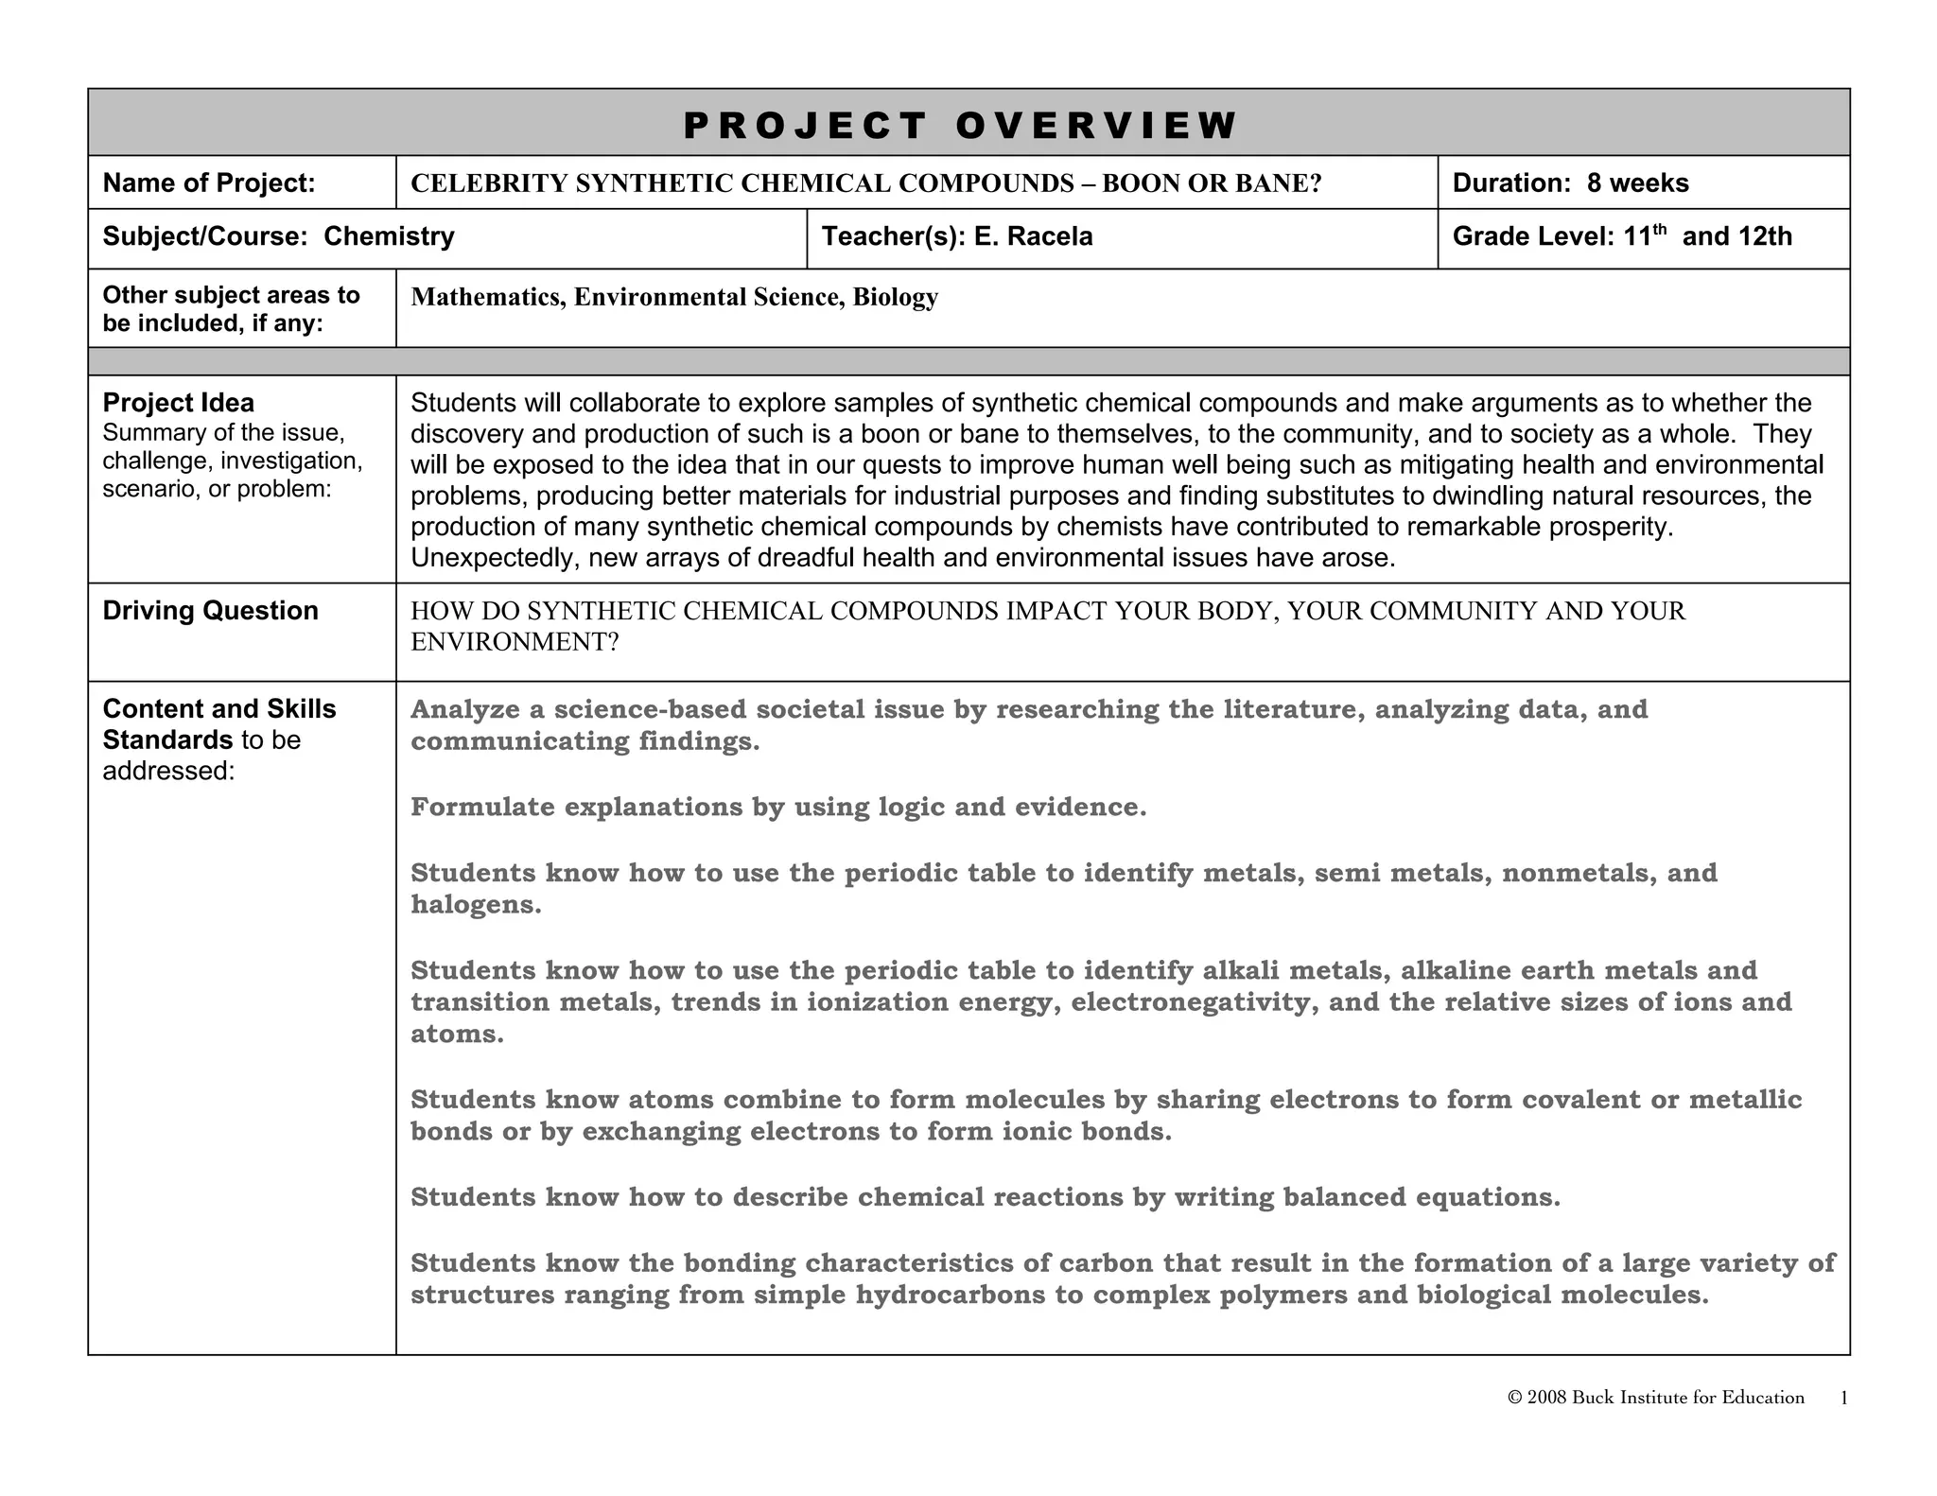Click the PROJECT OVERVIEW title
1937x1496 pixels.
tap(960, 125)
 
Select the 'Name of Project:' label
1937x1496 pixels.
tap(209, 183)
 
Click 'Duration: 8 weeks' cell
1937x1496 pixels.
tap(1570, 183)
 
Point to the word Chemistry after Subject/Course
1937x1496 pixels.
tap(389, 236)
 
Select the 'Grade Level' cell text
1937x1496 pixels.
tap(1621, 236)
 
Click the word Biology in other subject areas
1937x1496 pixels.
tap(895, 297)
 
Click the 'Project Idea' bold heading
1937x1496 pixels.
tap(178, 403)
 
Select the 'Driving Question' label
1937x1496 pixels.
tap(210, 611)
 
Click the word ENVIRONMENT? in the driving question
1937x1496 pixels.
tap(515, 642)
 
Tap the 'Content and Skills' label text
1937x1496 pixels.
tap(218, 709)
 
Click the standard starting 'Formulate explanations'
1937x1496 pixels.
tap(777, 807)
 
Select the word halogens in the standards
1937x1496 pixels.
tap(476, 905)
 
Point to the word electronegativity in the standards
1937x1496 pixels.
tap(1194, 1002)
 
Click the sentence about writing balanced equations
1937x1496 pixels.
tap(985, 1197)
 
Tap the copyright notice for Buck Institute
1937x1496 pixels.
tap(1655, 1398)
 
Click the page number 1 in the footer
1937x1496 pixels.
tap(1843, 1399)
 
